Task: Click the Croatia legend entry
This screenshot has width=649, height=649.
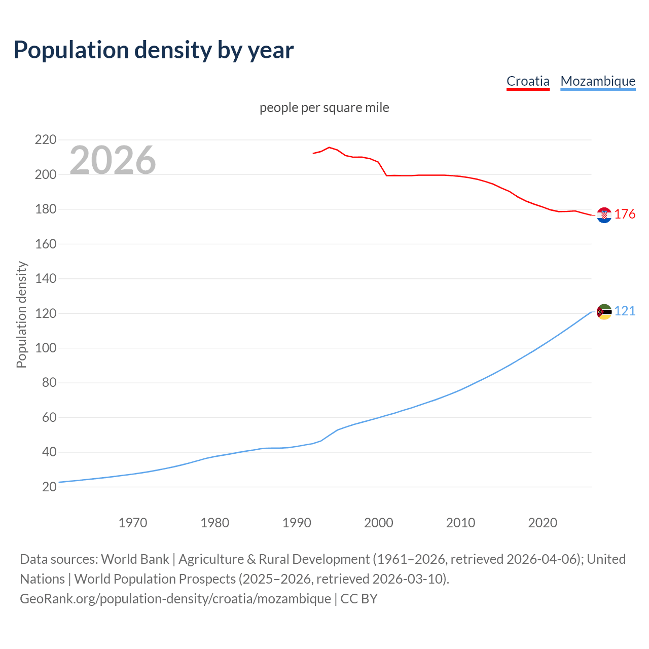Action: [x=528, y=81]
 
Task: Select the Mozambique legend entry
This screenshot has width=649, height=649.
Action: [x=598, y=81]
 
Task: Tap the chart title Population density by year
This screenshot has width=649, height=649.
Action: [x=154, y=50]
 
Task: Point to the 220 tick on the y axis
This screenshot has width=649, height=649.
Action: [x=45, y=139]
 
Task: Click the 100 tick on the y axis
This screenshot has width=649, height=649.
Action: [x=45, y=348]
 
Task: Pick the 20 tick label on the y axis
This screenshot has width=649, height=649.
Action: [x=49, y=487]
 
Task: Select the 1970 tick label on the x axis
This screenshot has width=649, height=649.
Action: [x=133, y=523]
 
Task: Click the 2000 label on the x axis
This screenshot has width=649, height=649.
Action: [x=379, y=523]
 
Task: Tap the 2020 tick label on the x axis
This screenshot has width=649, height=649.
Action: [x=543, y=523]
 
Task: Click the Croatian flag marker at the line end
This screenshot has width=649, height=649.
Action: [x=604, y=215]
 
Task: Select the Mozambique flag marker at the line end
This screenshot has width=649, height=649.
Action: [x=604, y=312]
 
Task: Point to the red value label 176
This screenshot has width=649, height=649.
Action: [x=625, y=214]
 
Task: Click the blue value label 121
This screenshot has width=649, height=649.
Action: [x=625, y=311]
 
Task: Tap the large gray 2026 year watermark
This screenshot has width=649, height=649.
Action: [x=113, y=160]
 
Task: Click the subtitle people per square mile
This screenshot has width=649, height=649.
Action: [x=324, y=108]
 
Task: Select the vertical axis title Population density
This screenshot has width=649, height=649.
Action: [x=21, y=314]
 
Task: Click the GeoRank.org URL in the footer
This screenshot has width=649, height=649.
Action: [x=175, y=599]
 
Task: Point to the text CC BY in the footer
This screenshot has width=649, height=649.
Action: [x=359, y=599]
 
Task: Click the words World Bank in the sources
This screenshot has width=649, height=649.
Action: [x=135, y=559]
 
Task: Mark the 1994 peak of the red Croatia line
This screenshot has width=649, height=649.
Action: [x=329, y=148]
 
